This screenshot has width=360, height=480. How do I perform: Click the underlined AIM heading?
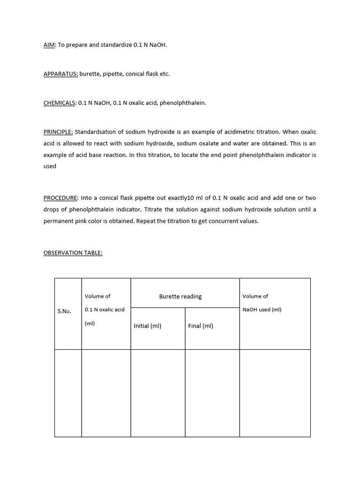coord(49,45)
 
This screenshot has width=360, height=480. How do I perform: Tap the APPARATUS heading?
coord(60,74)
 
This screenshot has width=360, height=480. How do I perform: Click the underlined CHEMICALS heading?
coord(60,103)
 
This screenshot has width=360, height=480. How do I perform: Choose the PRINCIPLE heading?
coord(58,132)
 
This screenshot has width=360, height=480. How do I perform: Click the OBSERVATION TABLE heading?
coord(73,253)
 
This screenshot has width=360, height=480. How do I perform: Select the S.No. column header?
coord(64,311)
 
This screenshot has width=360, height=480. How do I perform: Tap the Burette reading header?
coord(180,296)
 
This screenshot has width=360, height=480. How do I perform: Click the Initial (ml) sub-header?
coord(148,326)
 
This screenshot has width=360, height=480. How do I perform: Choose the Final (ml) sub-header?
coord(201,326)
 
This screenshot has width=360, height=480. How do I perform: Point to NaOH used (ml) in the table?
coord(262,309)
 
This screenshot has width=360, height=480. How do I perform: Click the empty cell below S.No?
coord(68,393)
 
